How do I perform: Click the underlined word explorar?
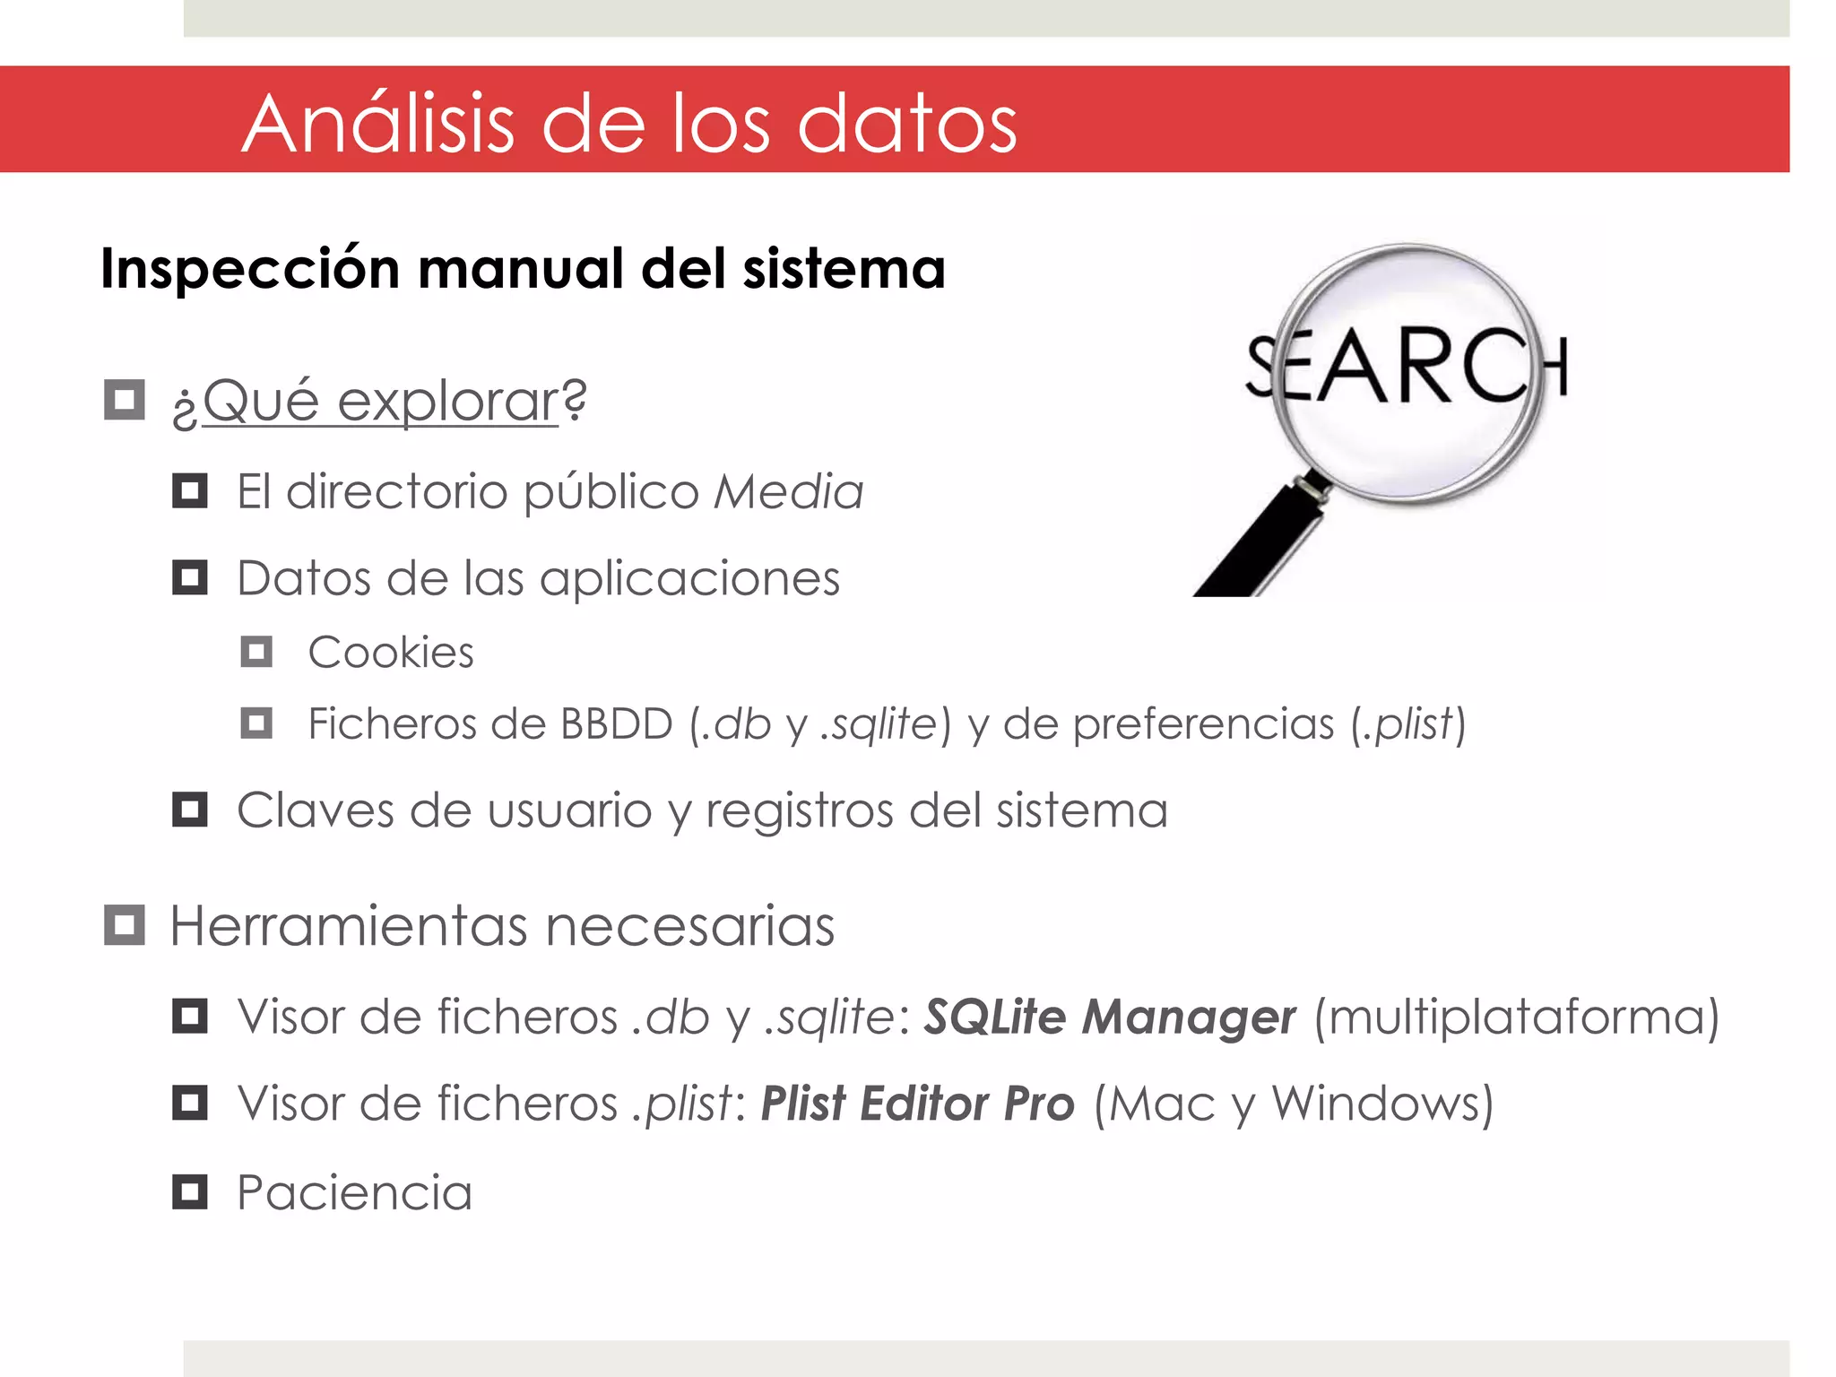[448, 401]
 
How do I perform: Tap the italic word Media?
[788, 491]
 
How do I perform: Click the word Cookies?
[391, 653]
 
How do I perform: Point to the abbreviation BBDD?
[616, 723]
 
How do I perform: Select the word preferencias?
[1203, 723]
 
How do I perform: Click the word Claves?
[315, 810]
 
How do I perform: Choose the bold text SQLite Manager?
[1110, 1018]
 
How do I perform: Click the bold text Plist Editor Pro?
[917, 1104]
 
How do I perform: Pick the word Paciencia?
[354, 1193]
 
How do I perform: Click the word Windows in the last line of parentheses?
[1375, 1104]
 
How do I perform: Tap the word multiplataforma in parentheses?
[1516, 1018]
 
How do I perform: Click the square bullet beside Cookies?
[256, 652]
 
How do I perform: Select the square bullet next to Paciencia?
[190, 1192]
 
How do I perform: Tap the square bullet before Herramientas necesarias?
[125, 924]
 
